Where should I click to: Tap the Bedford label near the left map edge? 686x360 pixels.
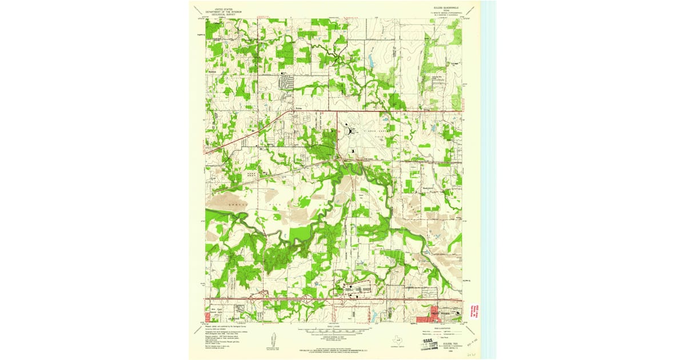(x=213, y=71)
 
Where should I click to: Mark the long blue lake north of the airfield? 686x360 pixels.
(x=371, y=59)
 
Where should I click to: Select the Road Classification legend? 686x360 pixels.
(x=440, y=332)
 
